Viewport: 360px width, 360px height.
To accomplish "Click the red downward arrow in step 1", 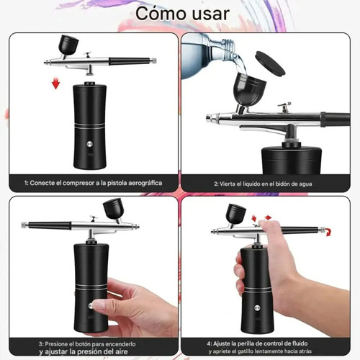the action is (x=55, y=83).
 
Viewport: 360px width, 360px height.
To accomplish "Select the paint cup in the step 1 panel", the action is (x=68, y=45).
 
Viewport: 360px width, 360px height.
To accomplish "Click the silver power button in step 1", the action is (x=90, y=144).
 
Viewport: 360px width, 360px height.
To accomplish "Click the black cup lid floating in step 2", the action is (x=270, y=63).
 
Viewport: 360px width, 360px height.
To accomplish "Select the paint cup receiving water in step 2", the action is (x=250, y=89).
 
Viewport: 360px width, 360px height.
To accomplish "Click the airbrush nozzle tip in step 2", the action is (x=208, y=117).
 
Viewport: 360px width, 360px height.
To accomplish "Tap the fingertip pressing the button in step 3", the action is (x=96, y=305).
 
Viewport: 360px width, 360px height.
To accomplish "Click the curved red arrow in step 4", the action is (x=328, y=232).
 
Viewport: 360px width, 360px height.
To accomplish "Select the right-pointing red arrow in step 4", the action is (x=268, y=217).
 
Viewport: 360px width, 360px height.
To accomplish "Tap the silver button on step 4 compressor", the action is (x=257, y=308).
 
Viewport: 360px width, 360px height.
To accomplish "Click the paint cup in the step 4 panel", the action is (x=236, y=214).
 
